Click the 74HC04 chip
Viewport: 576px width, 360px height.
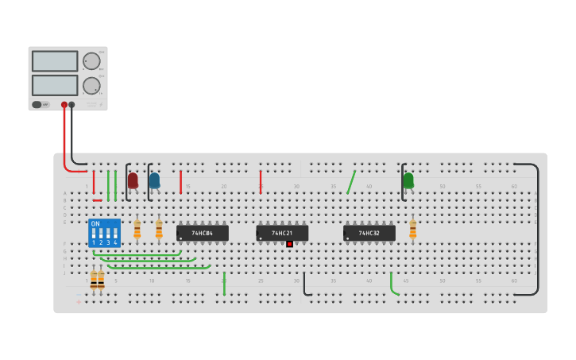tap(202, 233)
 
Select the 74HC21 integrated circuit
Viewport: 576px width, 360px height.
tap(281, 233)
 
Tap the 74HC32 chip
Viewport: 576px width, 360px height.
tap(369, 233)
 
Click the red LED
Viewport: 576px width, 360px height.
tap(133, 180)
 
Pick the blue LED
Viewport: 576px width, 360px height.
tap(154, 180)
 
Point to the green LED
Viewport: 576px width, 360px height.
tap(408, 180)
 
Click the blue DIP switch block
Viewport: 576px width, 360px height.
tap(104, 234)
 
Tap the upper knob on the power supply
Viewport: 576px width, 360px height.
tap(92, 61)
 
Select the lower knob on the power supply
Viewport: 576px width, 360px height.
tap(92, 85)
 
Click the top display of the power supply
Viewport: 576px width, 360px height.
tap(55, 61)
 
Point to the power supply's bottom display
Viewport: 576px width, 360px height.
tap(55, 85)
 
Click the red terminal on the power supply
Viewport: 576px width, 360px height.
tap(64, 104)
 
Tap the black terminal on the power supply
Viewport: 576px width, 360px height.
tap(72, 104)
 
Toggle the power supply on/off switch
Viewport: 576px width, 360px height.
tap(37, 104)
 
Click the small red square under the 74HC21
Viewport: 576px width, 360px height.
tap(289, 244)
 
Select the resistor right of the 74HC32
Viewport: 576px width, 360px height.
tap(412, 229)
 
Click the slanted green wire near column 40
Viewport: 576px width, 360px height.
tap(351, 182)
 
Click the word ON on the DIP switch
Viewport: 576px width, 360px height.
tap(95, 224)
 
